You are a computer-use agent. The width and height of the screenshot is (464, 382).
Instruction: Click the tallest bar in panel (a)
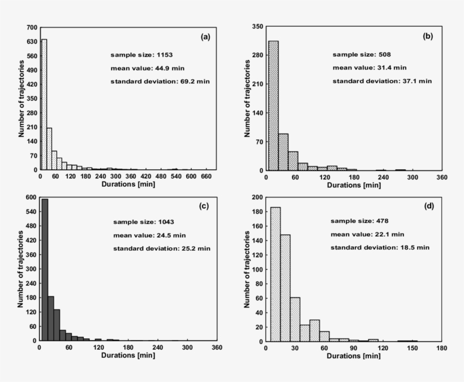[x=44, y=105]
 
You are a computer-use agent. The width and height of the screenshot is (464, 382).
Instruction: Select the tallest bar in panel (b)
[x=273, y=105]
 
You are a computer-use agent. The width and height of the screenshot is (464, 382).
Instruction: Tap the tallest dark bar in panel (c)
[x=45, y=270]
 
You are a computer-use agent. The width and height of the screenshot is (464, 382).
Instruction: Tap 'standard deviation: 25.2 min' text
[x=153, y=248]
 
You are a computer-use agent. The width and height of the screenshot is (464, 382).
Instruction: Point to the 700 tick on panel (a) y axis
[x=32, y=27]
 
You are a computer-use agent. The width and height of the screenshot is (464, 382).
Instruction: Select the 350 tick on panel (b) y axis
[x=257, y=27]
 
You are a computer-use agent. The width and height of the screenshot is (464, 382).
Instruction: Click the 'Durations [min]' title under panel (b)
[x=354, y=185]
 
